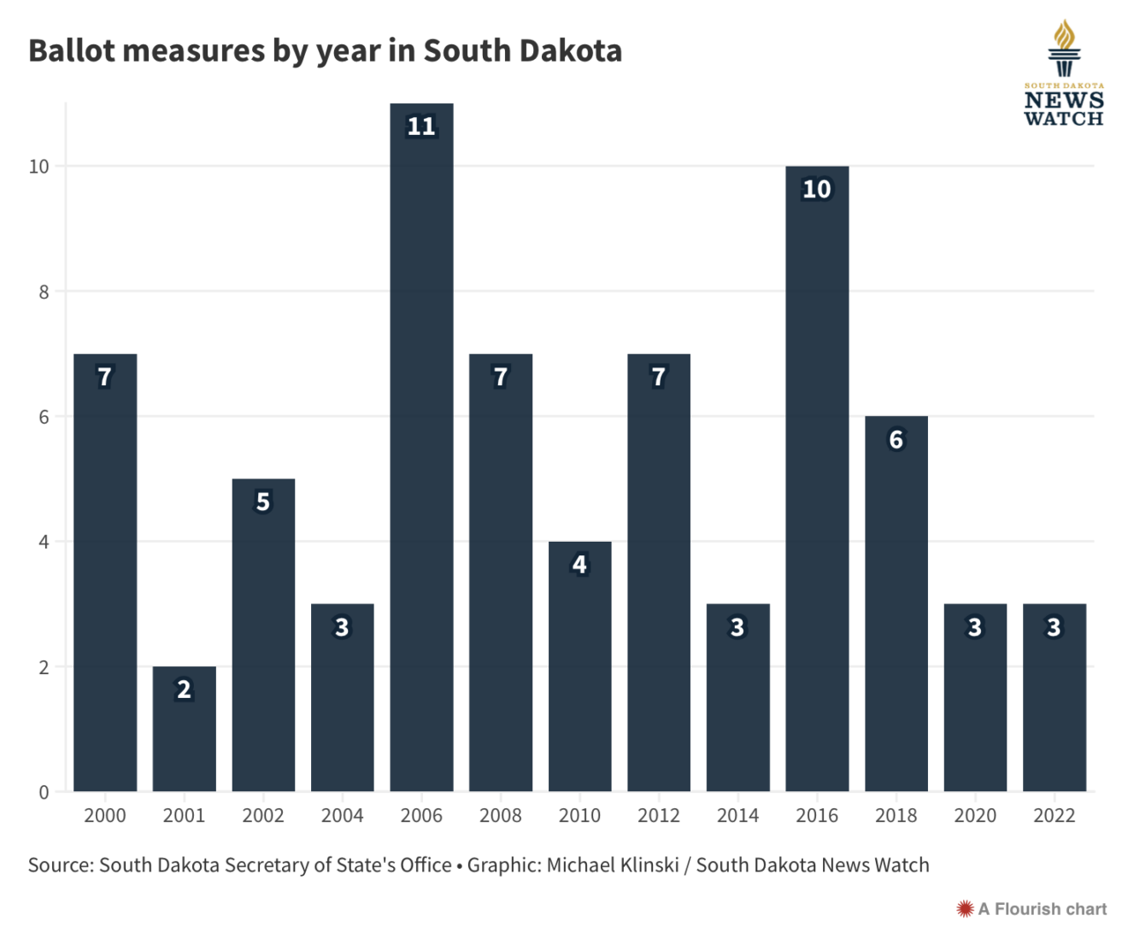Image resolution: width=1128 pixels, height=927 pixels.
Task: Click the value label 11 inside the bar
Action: tap(421, 126)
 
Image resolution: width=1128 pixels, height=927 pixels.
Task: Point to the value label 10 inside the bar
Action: tap(817, 189)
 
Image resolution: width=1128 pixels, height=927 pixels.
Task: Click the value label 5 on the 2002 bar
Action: tap(263, 502)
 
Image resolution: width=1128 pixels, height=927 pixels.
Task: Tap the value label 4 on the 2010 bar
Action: tap(579, 564)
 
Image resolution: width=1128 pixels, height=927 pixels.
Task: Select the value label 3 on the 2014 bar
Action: tap(737, 627)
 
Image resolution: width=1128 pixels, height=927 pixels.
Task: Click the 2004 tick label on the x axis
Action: tap(342, 816)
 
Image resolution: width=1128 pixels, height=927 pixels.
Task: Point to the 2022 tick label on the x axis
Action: tap(1054, 816)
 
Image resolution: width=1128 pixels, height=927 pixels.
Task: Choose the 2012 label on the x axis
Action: tap(659, 816)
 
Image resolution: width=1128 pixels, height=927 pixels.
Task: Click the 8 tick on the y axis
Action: tap(44, 292)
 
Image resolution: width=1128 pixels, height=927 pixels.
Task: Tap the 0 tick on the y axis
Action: tap(44, 792)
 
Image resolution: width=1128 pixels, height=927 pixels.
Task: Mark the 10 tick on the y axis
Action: tap(39, 167)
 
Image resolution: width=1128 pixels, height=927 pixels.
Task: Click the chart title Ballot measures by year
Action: tap(325, 51)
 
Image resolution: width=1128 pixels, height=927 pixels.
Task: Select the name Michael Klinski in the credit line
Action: tap(612, 865)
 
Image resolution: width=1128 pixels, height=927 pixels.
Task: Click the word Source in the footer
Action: tap(60, 865)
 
